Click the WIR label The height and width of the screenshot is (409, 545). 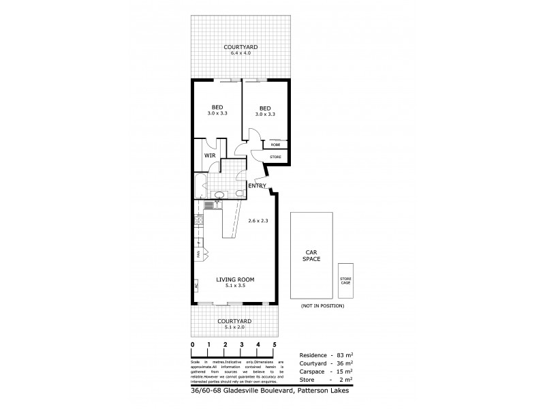point(210,155)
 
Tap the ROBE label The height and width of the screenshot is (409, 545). point(275,145)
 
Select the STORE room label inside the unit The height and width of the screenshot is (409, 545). point(275,157)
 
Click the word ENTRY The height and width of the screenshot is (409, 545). point(257,186)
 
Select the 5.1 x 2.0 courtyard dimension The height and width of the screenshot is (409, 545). point(234,327)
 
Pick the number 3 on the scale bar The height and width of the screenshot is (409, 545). point(242,344)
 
